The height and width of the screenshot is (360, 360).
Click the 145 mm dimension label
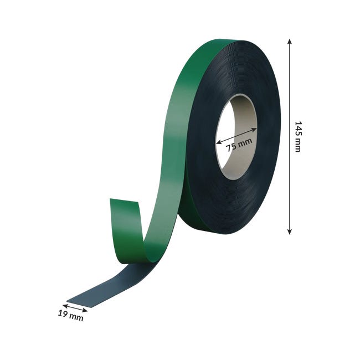tap(297, 137)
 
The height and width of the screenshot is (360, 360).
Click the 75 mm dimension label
tap(239, 145)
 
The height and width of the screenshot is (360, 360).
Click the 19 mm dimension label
tap(70, 315)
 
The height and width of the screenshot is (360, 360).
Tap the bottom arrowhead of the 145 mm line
tap(290, 232)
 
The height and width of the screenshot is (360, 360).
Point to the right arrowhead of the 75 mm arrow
tap(254, 130)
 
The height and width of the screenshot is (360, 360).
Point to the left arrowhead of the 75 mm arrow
tap(219, 142)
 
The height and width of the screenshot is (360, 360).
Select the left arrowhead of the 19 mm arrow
tap(65, 305)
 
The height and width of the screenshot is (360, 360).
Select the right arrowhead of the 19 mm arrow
tap(85, 311)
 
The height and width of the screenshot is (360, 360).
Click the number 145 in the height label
tap(297, 131)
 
